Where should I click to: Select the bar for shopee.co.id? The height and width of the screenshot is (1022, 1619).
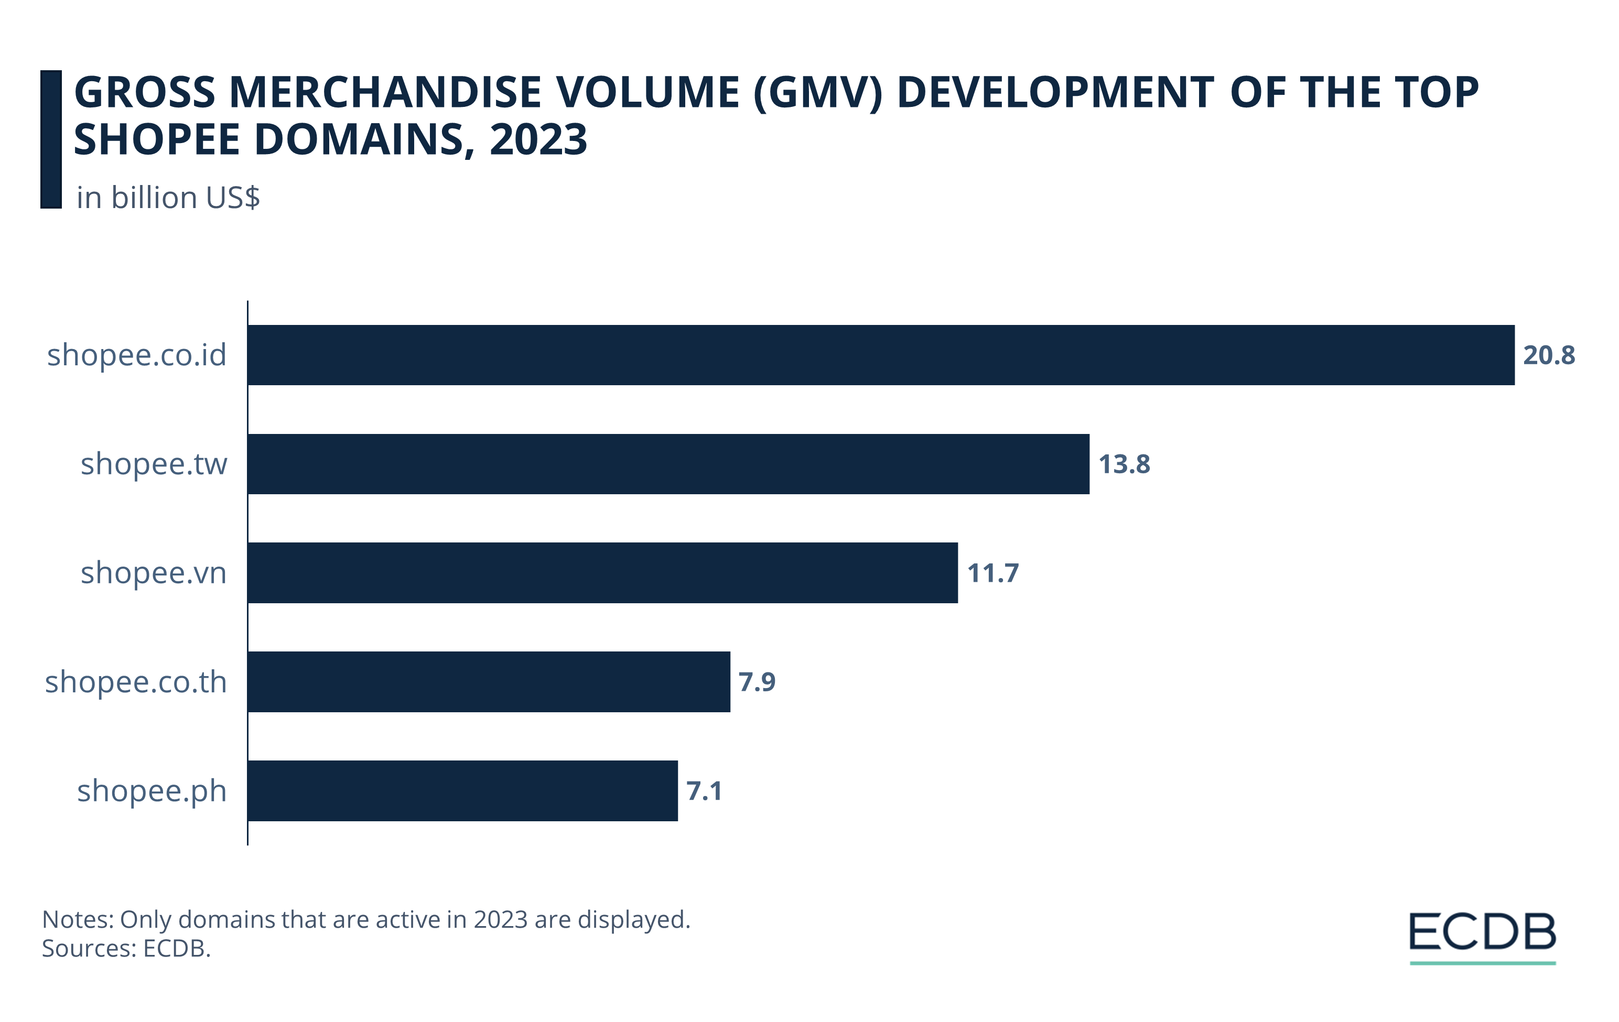881,355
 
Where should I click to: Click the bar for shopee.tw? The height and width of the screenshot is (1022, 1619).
668,464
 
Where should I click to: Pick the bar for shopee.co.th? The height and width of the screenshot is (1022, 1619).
489,681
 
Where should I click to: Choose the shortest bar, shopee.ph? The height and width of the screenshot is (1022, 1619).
462,790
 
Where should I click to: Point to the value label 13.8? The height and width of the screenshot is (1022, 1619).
1124,464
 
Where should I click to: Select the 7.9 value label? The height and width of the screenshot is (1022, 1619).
757,681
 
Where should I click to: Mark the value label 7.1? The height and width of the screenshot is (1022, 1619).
704,790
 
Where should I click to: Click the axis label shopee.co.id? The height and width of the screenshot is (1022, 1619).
137,355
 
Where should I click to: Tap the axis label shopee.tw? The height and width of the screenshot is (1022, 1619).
154,464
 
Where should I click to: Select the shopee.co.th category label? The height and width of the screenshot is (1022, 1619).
136,681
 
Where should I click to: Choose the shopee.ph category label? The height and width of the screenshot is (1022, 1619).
152,790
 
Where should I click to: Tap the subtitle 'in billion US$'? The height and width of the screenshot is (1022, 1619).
168,198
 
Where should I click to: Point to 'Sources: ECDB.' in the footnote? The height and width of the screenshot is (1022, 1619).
126,948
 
